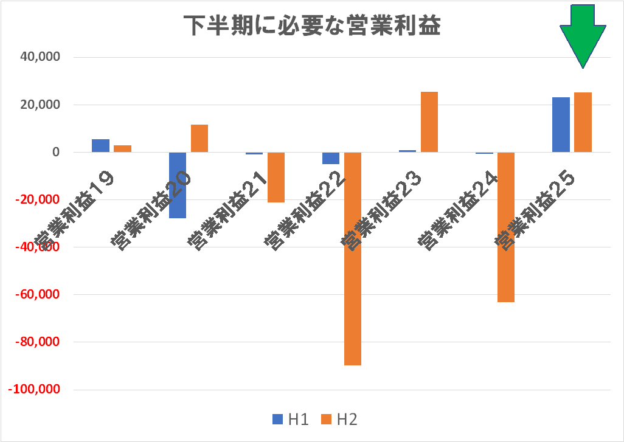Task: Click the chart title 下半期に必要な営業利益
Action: pyautogui.click(x=312, y=26)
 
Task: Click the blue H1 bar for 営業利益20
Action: pyautogui.click(x=178, y=185)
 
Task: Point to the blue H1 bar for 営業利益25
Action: pyautogui.click(x=561, y=125)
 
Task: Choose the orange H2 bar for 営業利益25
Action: pyautogui.click(x=583, y=122)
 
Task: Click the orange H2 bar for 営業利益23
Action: pyautogui.click(x=429, y=122)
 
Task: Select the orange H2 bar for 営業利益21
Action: pyautogui.click(x=276, y=177)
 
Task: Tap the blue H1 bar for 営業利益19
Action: pyautogui.click(x=101, y=146)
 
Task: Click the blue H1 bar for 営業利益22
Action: pyautogui.click(x=331, y=158)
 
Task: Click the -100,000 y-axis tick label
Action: pyautogui.click(x=34, y=390)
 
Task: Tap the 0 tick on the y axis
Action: pyautogui.click(x=55, y=152)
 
